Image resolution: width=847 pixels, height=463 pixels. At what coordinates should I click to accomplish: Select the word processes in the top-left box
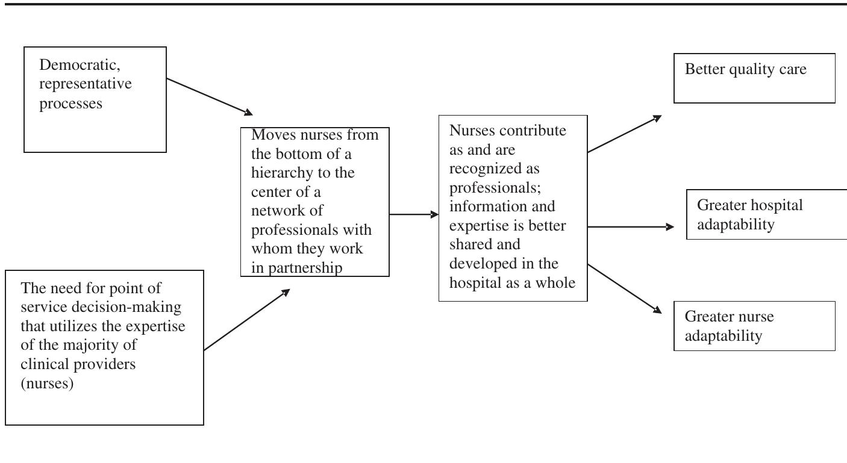[x=70, y=103]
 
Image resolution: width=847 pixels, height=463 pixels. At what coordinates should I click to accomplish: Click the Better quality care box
[x=754, y=78]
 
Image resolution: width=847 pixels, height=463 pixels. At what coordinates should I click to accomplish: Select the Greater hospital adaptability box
[x=766, y=214]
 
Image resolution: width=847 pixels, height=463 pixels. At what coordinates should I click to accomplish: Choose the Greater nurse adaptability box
[x=754, y=326]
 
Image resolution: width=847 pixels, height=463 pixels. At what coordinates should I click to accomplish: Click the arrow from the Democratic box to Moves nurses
[x=209, y=96]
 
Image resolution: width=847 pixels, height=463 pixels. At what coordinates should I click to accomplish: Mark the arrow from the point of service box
[x=247, y=320]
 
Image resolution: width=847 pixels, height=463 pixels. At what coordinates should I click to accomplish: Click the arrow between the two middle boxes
[x=414, y=214]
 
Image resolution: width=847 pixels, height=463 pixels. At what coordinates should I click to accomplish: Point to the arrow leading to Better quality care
[x=624, y=134]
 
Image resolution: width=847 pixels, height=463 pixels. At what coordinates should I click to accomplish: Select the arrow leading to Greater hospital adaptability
[x=630, y=227]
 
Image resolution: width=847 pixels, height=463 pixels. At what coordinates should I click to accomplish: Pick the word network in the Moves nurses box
[x=278, y=211]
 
